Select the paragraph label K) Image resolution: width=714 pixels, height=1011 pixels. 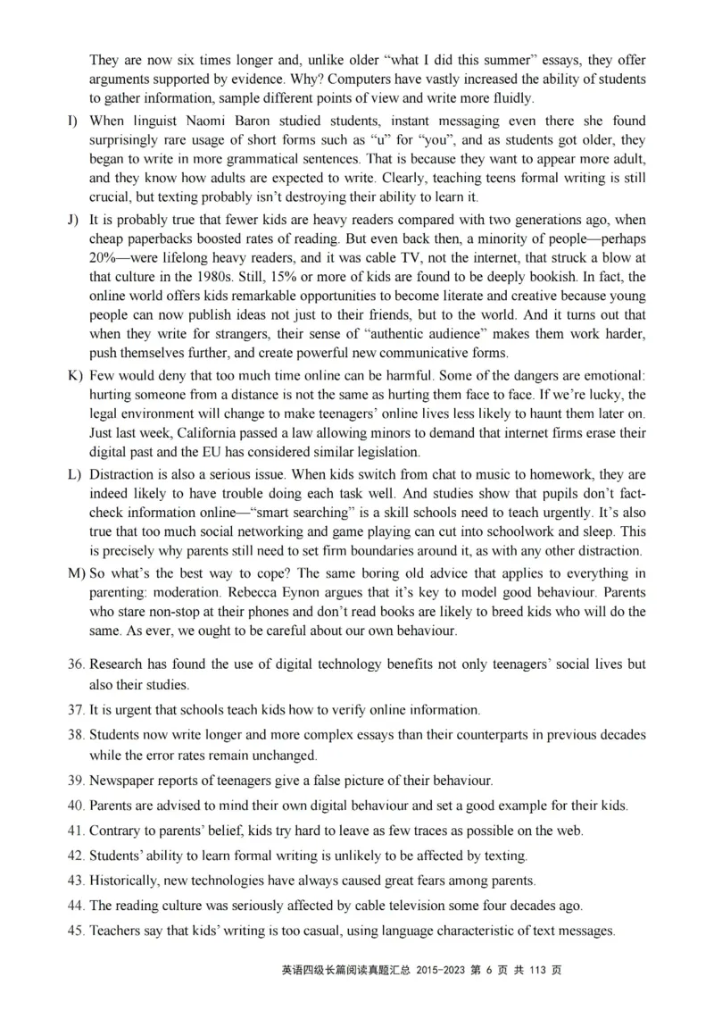click(75, 374)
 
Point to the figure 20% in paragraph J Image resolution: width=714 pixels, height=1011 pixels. click(104, 258)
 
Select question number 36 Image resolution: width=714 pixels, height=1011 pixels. click(76, 664)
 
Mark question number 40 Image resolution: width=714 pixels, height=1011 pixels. click(76, 805)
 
